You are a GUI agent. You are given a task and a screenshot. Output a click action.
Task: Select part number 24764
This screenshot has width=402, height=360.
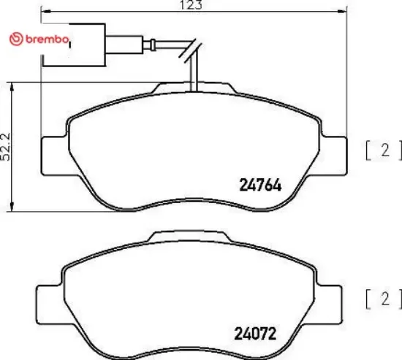(260, 186)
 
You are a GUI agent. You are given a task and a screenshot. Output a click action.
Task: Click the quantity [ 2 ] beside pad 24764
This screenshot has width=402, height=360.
(384, 151)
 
